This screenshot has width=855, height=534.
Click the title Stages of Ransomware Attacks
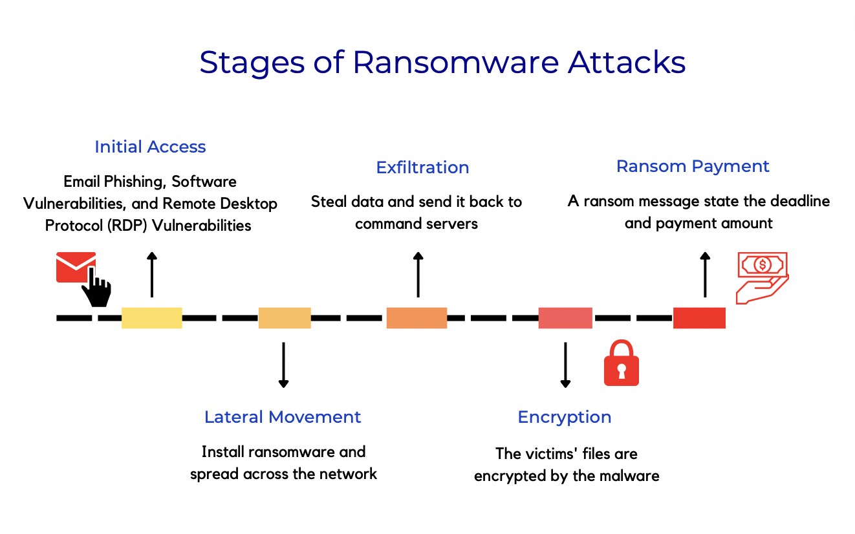click(x=442, y=63)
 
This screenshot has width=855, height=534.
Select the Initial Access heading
click(x=150, y=147)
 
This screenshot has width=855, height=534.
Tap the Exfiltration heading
click(x=422, y=167)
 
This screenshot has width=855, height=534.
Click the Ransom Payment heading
click(x=693, y=166)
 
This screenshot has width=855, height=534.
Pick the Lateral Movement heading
click(x=283, y=417)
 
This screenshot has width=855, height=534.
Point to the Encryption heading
click(x=565, y=417)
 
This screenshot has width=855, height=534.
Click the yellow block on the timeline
click(x=151, y=317)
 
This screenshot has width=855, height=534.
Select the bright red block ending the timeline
click(x=699, y=317)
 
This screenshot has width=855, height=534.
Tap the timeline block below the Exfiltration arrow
click(x=417, y=317)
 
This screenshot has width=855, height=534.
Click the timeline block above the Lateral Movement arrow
click(x=285, y=317)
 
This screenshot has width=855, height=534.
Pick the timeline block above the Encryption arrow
click(x=565, y=317)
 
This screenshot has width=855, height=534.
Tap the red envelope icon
click(x=75, y=266)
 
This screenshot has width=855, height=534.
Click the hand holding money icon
click(x=762, y=277)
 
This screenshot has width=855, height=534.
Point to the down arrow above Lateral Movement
click(x=283, y=365)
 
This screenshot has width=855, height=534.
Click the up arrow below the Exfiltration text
click(x=418, y=274)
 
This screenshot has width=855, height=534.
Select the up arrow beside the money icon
click(x=705, y=274)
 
